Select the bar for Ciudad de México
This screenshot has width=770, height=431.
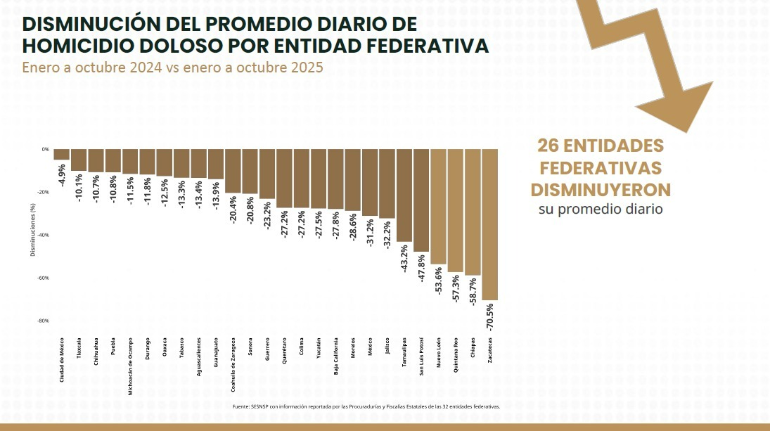(x=62, y=154)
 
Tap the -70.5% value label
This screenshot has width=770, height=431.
(x=490, y=318)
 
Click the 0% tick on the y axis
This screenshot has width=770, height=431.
(x=45, y=149)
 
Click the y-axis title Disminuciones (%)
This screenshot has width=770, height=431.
(x=33, y=230)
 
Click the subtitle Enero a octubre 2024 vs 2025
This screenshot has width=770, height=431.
(x=172, y=68)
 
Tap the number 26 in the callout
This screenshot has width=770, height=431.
(x=548, y=146)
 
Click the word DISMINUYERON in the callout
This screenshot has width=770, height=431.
(x=601, y=191)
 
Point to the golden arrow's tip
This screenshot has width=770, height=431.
(x=685, y=130)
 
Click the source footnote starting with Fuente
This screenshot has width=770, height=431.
(x=366, y=406)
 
